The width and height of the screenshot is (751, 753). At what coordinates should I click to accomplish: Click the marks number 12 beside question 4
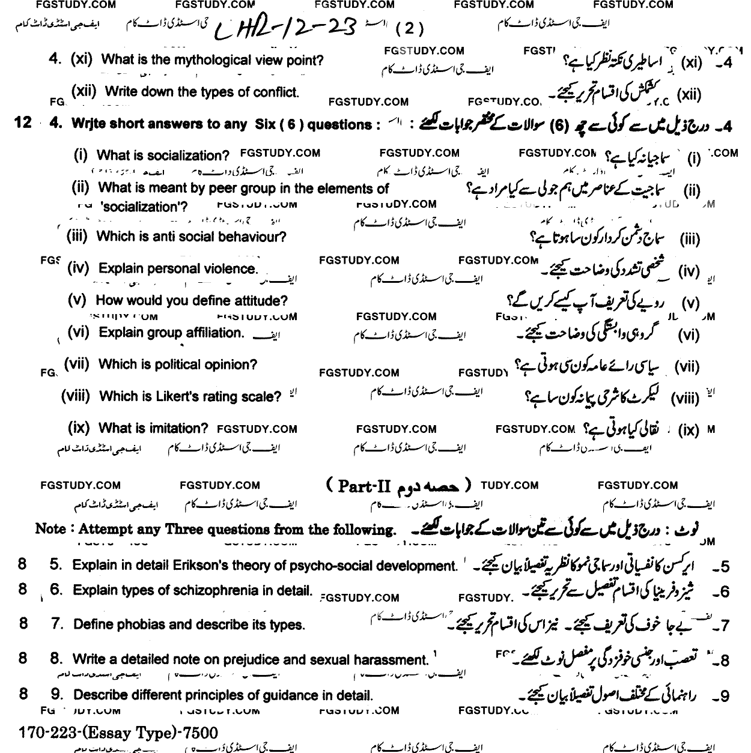[x=22, y=122]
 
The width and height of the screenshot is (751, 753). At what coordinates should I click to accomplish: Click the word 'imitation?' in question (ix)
[x=178, y=429]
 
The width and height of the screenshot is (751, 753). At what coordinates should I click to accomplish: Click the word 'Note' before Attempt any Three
[x=50, y=529]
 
